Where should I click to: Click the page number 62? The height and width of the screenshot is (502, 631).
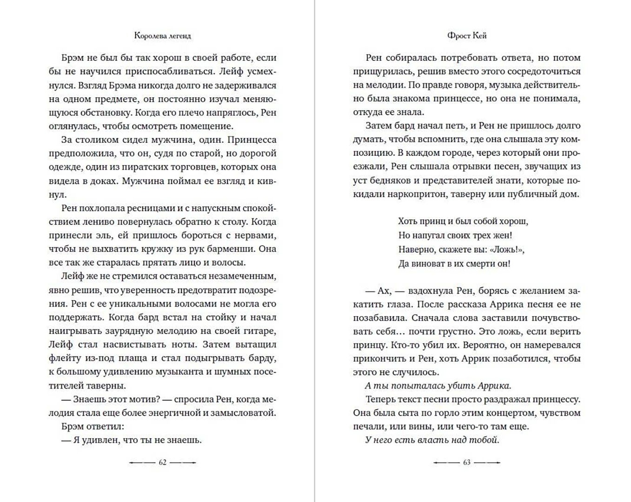(x=162, y=462)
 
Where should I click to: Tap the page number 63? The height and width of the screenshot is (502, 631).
(x=466, y=462)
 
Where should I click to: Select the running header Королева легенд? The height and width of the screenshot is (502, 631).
(x=162, y=35)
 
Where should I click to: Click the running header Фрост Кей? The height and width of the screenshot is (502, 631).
(x=466, y=35)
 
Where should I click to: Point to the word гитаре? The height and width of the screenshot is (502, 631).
(x=260, y=331)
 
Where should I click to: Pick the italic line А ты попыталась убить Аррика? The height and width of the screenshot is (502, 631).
(x=438, y=385)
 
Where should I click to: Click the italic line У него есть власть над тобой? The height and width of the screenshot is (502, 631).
(x=432, y=440)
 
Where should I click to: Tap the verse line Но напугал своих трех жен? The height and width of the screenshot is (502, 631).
(x=455, y=235)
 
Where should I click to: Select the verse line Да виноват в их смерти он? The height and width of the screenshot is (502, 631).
(x=454, y=264)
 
